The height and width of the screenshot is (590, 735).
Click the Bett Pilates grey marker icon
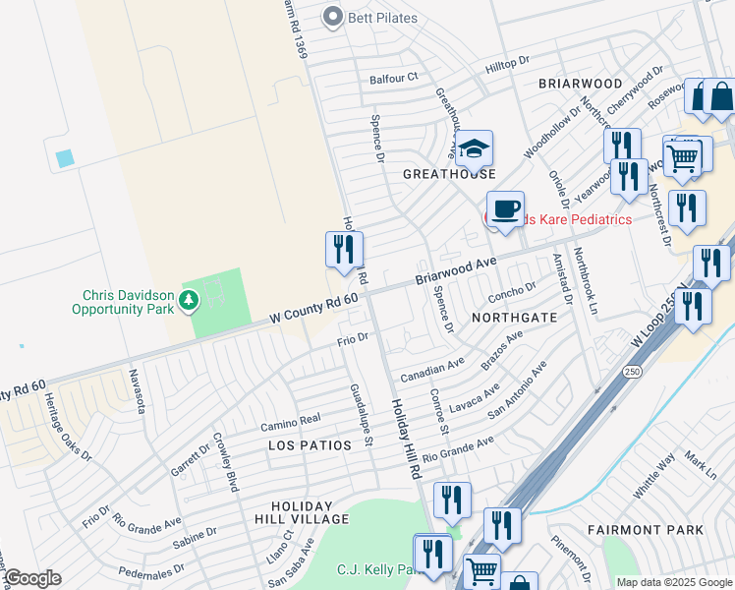pos(333,17)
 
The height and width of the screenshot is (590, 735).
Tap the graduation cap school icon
pos(474,149)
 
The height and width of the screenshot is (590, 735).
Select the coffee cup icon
pos(505,209)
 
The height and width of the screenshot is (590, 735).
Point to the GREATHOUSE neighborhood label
pos(450,174)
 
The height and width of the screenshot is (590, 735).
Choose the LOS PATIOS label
pos(310,445)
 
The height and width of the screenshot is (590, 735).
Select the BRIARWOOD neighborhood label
pos(581,85)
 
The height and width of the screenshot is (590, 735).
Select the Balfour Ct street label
pos(393,77)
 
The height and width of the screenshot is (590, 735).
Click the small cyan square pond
pos(65,157)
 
